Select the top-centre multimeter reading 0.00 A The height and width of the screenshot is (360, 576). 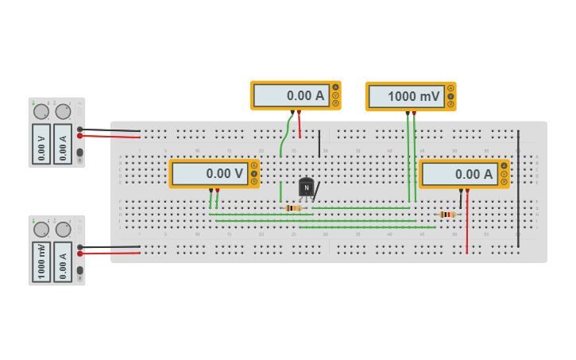pyautogui.click(x=291, y=95)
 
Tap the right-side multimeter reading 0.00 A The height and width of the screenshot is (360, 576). pyautogui.click(x=459, y=174)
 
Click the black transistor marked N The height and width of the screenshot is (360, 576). pyautogui.click(x=306, y=188)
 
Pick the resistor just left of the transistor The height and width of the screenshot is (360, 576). pyautogui.click(x=293, y=208)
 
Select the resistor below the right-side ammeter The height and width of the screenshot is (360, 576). pyautogui.click(x=448, y=215)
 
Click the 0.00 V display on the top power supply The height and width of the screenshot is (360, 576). pyautogui.click(x=41, y=144)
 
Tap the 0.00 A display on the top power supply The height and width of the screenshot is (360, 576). pyautogui.click(x=63, y=144)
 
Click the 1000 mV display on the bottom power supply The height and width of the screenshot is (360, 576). pyautogui.click(x=41, y=262)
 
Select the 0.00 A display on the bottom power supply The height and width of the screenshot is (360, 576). pyautogui.click(x=63, y=262)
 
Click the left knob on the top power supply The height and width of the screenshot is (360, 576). pyautogui.click(x=41, y=112)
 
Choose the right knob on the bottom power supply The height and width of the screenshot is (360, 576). pyautogui.click(x=63, y=230)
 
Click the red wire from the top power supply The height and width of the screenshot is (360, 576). pyautogui.click(x=111, y=137)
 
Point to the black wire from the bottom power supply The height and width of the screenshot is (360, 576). pyautogui.click(x=111, y=247)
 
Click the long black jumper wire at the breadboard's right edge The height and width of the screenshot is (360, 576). pyautogui.click(x=518, y=191)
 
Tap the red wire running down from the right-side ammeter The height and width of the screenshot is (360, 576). pyautogui.click(x=467, y=226)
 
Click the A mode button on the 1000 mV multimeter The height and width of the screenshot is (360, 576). pyautogui.click(x=450, y=88)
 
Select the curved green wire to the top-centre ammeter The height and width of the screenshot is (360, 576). pyautogui.click(x=284, y=135)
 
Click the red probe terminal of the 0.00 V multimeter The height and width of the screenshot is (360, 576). pyautogui.click(x=217, y=190)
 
